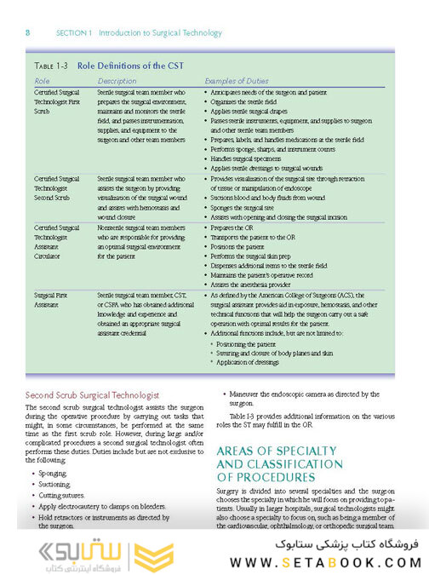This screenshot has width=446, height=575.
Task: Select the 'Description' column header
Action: [117, 81]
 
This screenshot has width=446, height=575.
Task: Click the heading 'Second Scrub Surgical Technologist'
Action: [93, 395]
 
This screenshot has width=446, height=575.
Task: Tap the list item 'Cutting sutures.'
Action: [65, 494]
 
